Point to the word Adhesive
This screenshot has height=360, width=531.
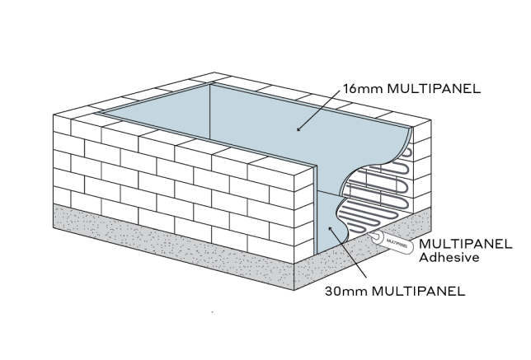[451, 258]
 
